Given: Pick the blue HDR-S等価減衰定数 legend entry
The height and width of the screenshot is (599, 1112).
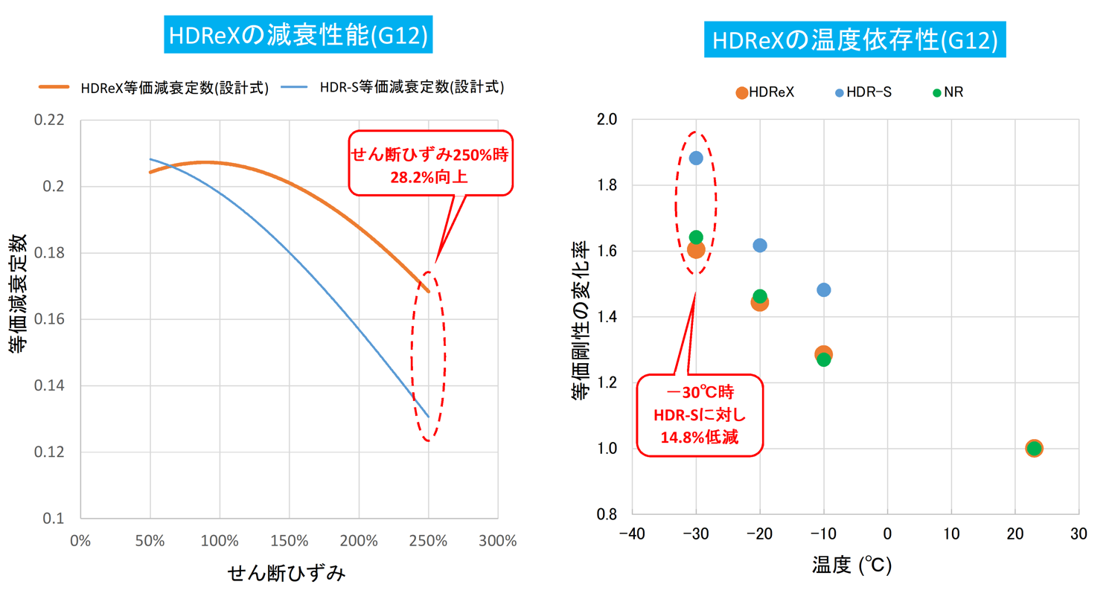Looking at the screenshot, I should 394,86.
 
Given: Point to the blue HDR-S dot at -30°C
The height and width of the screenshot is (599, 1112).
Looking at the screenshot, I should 696,158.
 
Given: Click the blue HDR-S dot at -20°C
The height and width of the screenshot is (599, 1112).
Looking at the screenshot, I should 760,246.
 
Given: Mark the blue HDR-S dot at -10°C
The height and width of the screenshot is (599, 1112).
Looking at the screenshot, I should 823,289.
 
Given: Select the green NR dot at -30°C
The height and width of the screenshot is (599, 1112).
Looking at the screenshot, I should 696,237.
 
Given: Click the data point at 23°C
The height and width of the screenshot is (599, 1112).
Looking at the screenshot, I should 1033,448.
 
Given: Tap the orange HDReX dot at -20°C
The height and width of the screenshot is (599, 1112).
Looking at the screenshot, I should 759,303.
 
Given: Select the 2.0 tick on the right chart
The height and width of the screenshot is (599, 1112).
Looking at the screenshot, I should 608,120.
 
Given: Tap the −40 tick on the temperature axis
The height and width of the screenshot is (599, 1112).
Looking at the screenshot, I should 631,534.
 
